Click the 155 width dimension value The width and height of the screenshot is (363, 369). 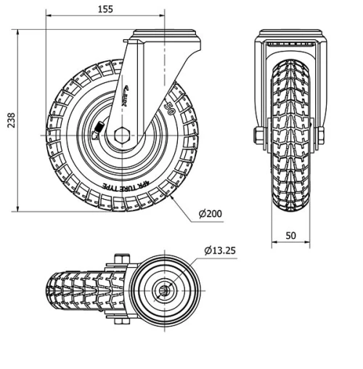tap(106, 9)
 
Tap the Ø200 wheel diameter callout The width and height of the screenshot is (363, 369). tap(210, 214)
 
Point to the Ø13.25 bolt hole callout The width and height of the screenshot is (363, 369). tap(220, 251)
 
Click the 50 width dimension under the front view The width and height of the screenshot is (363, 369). tap(290, 236)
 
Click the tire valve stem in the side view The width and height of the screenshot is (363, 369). tap(99, 129)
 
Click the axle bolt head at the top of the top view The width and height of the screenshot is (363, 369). tap(121, 259)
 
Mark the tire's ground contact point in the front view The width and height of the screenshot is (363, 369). tap(290, 211)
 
